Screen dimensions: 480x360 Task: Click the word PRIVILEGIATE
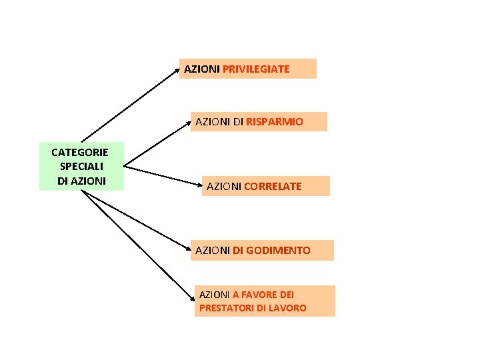coord(256,69)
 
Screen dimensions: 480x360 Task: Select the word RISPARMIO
coord(274,122)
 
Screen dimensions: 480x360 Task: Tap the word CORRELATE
coord(273,187)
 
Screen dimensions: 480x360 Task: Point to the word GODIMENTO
coord(277,251)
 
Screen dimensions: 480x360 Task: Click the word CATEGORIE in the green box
coord(80,153)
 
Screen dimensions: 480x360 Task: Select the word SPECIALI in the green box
coord(81,167)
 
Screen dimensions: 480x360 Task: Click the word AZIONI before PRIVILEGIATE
coord(202,69)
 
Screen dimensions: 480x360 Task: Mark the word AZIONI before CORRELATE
coord(224,187)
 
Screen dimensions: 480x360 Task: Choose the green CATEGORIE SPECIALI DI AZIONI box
coord(81,167)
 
